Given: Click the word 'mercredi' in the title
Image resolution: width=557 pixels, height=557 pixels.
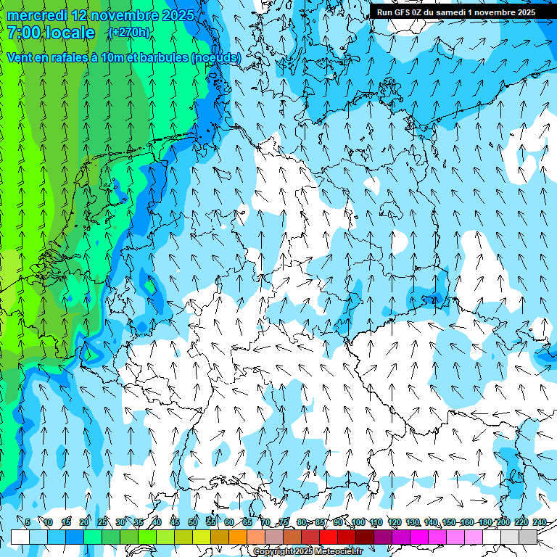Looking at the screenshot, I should click(x=36, y=15).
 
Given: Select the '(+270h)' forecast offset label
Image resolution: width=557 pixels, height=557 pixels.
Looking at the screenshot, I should click(x=129, y=32).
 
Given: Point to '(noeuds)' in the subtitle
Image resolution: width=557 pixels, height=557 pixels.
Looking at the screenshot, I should click(x=216, y=57).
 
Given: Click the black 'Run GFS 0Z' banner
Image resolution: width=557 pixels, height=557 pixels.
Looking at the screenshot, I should click(x=455, y=12).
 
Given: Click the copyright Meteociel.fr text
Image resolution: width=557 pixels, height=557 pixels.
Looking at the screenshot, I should click(x=308, y=552).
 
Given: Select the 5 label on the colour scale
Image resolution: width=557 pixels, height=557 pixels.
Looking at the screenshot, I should click(x=27, y=522).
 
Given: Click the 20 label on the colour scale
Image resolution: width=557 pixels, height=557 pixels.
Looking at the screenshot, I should click(x=83, y=522).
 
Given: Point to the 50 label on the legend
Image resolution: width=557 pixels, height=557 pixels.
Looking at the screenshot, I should click(x=192, y=522).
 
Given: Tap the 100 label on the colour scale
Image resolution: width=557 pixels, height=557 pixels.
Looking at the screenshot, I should click(x=358, y=522).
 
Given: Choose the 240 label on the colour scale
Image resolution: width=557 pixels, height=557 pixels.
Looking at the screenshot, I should click(x=539, y=522).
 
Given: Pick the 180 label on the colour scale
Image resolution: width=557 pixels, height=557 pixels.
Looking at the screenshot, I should click(x=484, y=522).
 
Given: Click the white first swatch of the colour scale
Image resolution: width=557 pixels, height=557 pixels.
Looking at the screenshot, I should click(x=20, y=537).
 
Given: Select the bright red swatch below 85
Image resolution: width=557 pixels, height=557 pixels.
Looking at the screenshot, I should click(x=329, y=537).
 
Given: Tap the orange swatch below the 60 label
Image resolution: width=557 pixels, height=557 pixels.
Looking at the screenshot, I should click(x=237, y=537).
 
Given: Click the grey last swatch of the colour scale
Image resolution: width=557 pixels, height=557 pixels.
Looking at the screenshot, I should click(x=528, y=537).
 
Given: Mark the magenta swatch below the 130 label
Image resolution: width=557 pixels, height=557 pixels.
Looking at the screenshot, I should click(x=419, y=537).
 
